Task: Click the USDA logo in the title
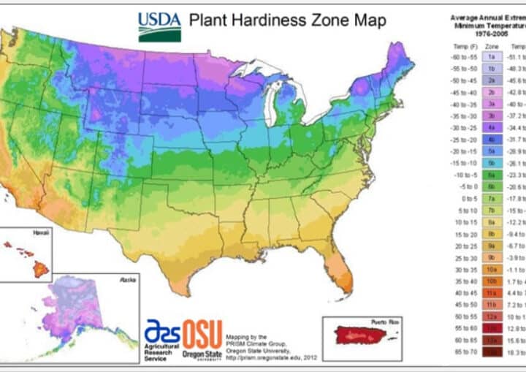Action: coord(160,26)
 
